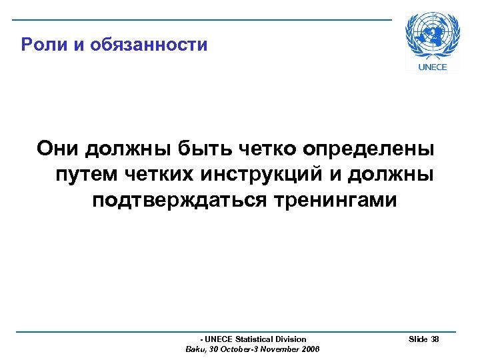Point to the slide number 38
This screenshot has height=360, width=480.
pyautogui.click(x=435, y=339)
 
